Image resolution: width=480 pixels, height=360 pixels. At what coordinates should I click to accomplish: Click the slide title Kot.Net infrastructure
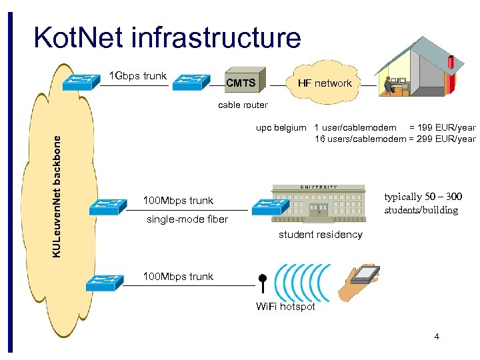(x=167, y=37)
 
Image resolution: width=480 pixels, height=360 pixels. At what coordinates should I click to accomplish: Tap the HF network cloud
(x=324, y=83)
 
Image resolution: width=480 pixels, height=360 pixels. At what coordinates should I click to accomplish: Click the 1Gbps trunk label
(x=138, y=75)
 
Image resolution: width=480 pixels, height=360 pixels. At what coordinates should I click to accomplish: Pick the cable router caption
(x=243, y=105)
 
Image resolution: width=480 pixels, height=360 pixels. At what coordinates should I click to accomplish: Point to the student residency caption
(x=320, y=235)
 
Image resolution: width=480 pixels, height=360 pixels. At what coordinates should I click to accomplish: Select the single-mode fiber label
(x=187, y=219)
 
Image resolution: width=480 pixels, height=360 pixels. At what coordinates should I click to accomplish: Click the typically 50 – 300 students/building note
(x=422, y=203)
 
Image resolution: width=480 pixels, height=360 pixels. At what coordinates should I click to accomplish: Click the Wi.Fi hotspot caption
(x=285, y=307)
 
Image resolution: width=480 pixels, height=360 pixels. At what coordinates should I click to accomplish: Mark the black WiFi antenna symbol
(x=263, y=283)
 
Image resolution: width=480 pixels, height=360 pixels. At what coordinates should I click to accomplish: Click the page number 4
(x=437, y=337)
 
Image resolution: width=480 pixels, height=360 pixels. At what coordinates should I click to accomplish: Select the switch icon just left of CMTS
(x=192, y=81)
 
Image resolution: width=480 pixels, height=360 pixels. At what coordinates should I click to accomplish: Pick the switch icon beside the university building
(x=269, y=206)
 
